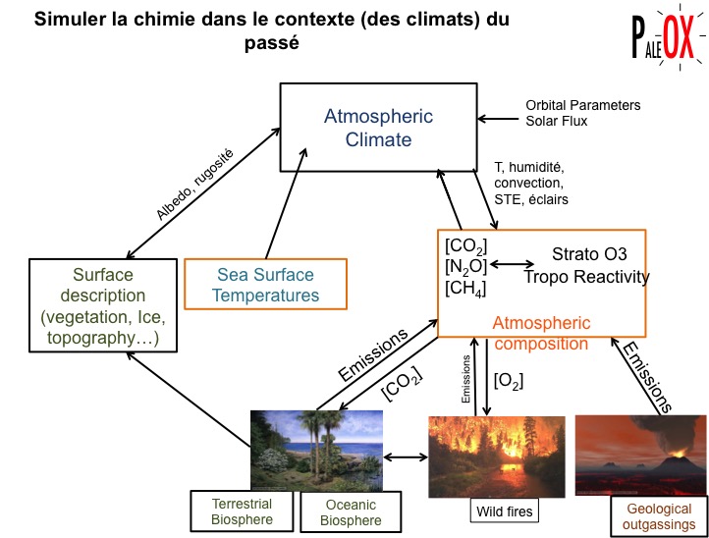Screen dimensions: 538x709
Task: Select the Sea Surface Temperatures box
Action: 266,283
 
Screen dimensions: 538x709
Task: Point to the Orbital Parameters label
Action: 582,105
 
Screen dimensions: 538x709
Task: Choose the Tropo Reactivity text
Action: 586,277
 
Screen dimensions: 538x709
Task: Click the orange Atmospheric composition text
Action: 541,333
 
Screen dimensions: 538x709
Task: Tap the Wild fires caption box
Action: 502,511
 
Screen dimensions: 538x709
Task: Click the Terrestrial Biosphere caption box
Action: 242,511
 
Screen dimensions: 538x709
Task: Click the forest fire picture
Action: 497,457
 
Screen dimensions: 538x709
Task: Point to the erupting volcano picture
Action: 639,454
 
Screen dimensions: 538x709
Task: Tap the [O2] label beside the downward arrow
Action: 507,378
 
